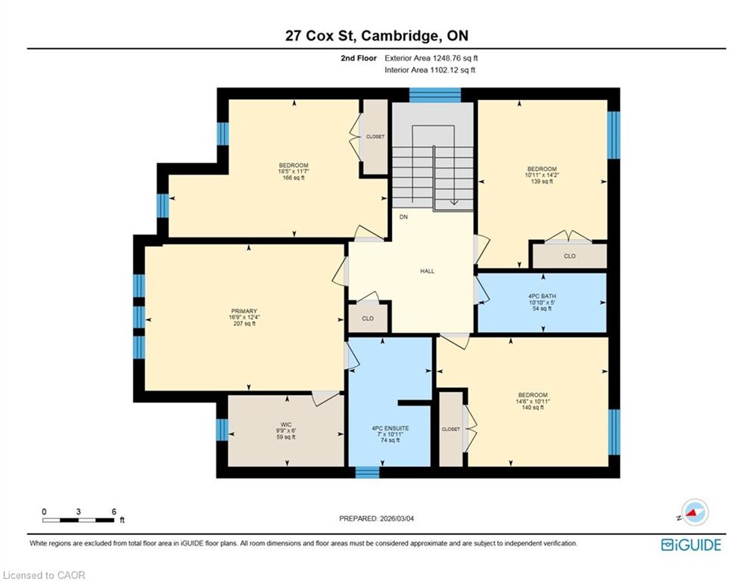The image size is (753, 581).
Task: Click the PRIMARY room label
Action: (244, 311)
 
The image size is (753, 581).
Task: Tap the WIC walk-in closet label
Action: (286, 424)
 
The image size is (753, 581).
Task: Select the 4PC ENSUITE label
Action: (391, 428)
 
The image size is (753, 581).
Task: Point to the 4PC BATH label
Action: (542, 297)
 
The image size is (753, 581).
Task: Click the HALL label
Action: (428, 271)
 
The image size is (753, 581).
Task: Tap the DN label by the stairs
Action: (403, 217)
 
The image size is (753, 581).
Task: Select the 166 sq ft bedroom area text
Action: (294, 178)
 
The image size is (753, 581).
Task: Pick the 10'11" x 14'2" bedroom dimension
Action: (542, 176)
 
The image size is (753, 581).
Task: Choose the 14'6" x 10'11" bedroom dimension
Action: (533, 402)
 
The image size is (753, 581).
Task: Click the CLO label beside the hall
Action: (368, 318)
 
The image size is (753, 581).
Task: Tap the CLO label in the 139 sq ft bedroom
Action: (570, 256)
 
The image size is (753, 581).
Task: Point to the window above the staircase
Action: (435, 95)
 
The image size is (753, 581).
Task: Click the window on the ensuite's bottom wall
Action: (367, 472)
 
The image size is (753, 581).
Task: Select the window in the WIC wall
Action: (222, 430)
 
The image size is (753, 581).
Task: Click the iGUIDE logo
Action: (691, 545)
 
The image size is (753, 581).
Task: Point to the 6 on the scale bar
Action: (114, 511)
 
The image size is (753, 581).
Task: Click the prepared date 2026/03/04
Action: (397, 518)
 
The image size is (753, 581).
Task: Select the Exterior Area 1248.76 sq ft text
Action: (431, 58)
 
